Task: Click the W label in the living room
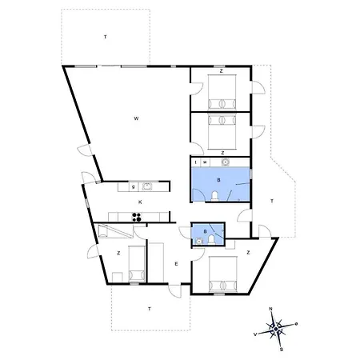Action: (x=136, y=118)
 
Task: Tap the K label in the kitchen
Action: (x=140, y=202)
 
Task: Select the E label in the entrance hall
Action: (x=176, y=264)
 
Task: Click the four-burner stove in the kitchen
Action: (x=137, y=217)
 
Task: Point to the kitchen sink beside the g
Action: (x=147, y=186)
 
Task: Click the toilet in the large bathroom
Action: (x=215, y=196)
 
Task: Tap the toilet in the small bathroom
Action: (x=212, y=239)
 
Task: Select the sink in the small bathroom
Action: (x=198, y=241)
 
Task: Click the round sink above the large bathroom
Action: (x=226, y=162)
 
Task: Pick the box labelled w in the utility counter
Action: (x=205, y=162)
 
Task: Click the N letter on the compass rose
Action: (x=271, y=309)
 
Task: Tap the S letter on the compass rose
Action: (x=281, y=350)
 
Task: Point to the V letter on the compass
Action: (x=255, y=334)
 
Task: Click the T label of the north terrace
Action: (x=106, y=37)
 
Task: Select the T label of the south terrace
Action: (x=150, y=309)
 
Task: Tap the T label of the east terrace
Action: (x=272, y=201)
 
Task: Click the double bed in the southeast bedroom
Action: (x=223, y=274)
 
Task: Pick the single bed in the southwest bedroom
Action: (x=137, y=263)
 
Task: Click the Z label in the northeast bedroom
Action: (x=221, y=71)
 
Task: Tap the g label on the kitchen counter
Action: (x=134, y=186)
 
